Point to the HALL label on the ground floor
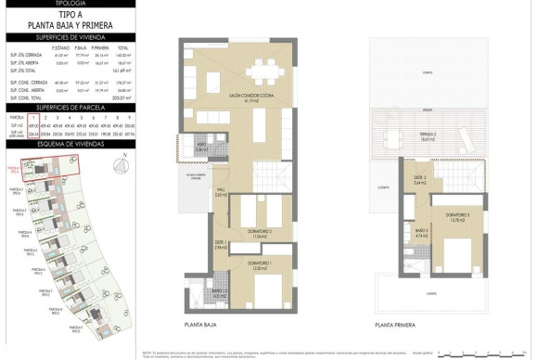(x=222, y=193)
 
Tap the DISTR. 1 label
(x=220, y=246)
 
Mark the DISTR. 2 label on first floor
(x=419, y=181)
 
